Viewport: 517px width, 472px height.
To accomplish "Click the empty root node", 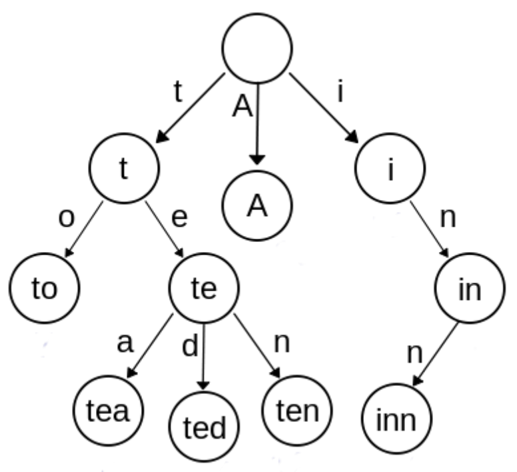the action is coord(257,48).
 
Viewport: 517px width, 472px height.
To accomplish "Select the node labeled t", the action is coord(124,168).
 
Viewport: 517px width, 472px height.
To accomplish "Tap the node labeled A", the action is coord(257,205).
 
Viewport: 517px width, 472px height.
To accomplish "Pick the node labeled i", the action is coord(390,168).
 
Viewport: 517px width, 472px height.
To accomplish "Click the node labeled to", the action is coord(44,288).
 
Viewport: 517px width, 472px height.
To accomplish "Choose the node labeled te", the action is coord(204,288).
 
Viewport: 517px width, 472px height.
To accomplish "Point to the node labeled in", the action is coord(470,288).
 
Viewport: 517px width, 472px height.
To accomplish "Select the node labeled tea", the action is coord(108,411).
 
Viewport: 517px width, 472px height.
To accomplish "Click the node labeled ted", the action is coord(204,426).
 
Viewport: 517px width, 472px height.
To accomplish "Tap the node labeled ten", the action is coord(297,411).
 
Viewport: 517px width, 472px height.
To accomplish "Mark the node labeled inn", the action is coord(396,419).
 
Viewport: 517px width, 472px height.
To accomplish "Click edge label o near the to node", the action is coord(66,219).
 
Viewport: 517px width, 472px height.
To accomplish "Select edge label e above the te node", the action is coord(180,218).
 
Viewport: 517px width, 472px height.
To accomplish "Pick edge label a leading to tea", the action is coord(125,344).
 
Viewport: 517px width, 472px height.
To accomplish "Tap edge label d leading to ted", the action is coord(191,346).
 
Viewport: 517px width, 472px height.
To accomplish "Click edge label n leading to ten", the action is coord(282,344).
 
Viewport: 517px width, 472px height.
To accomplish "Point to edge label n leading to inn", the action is coord(415,354).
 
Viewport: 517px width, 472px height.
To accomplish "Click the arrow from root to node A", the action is coord(258,125).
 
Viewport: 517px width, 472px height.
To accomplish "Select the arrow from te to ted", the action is coord(203,357).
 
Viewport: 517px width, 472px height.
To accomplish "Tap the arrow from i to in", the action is coord(429,229).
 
